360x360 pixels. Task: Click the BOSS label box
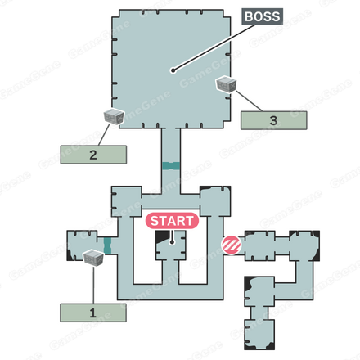pyautogui.click(x=263, y=16)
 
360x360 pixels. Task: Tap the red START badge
pyautogui.click(x=172, y=221)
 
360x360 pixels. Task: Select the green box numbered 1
pyautogui.click(x=93, y=313)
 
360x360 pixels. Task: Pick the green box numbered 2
pyautogui.click(x=93, y=155)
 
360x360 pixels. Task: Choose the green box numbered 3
pyautogui.click(x=273, y=120)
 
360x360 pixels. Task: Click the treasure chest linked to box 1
pyautogui.click(x=93, y=257)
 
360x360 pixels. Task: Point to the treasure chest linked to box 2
pyautogui.click(x=114, y=117)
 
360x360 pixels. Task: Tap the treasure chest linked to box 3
pyautogui.click(x=226, y=84)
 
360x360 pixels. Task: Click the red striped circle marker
pyautogui.click(x=232, y=245)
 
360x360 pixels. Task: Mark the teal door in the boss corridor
pyautogui.click(x=171, y=166)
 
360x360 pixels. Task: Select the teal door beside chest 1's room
pyautogui.click(x=108, y=245)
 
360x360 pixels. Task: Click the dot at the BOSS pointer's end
pyautogui.click(x=173, y=70)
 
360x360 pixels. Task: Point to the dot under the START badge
pyautogui.click(x=172, y=242)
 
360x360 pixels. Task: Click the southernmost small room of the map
pyautogui.click(x=259, y=335)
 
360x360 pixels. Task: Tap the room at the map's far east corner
pyautogui.click(x=304, y=245)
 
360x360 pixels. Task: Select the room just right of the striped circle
pyautogui.click(x=259, y=245)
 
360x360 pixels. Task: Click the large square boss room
pyautogui.click(x=171, y=69)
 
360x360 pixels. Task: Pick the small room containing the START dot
pyautogui.click(x=171, y=245)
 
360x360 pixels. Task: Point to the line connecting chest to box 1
pyautogui.click(x=93, y=285)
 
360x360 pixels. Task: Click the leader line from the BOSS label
pyautogui.click(x=214, y=47)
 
